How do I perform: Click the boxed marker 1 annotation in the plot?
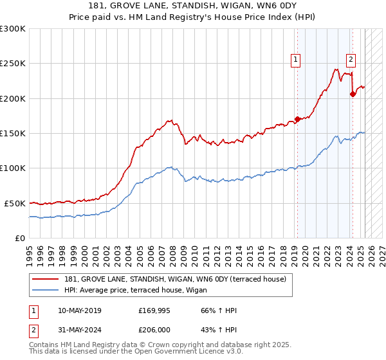tap(295, 60)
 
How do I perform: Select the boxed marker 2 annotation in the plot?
tap(351, 60)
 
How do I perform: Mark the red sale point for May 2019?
tap(297, 119)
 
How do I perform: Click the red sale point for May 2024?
tap(353, 94)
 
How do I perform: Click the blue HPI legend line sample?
tap(46, 290)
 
